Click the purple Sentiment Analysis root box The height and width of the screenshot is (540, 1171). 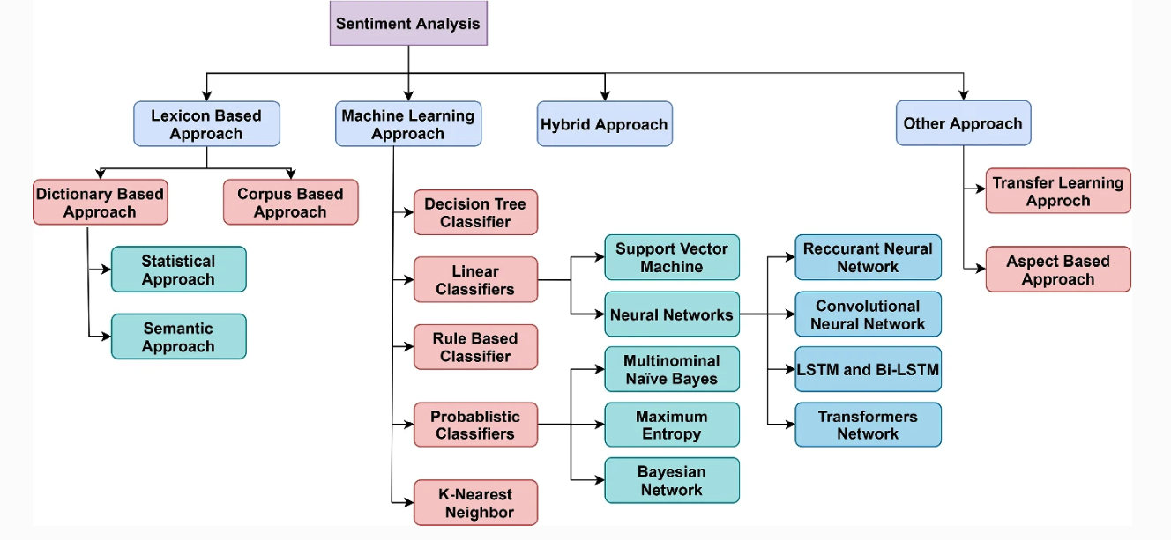coord(408,24)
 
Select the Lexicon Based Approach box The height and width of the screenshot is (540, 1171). coord(206,124)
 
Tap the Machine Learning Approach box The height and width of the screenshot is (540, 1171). coord(408,124)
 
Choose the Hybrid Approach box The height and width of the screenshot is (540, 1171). coord(604,124)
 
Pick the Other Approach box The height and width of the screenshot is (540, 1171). coord(963,123)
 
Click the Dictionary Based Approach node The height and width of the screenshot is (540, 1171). coord(100,203)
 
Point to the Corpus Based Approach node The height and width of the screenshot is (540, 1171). coord(290,203)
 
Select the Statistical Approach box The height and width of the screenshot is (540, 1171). coord(178,270)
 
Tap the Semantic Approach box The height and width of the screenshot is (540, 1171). coord(178,337)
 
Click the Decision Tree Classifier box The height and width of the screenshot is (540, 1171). coord(475,212)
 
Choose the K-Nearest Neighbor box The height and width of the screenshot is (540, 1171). coord(475,502)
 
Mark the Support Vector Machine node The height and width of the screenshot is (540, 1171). coord(672,257)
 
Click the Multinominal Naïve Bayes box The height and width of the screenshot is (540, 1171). coord(672,370)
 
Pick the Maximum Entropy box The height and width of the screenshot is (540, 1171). coord(672,425)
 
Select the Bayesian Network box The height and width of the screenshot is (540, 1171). coord(672,480)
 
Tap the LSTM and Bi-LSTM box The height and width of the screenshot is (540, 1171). coord(868,370)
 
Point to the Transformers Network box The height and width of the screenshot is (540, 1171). coord(868,425)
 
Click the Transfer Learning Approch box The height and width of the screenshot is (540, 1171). coord(1058,191)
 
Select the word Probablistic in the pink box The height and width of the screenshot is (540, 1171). coord(475,417)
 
